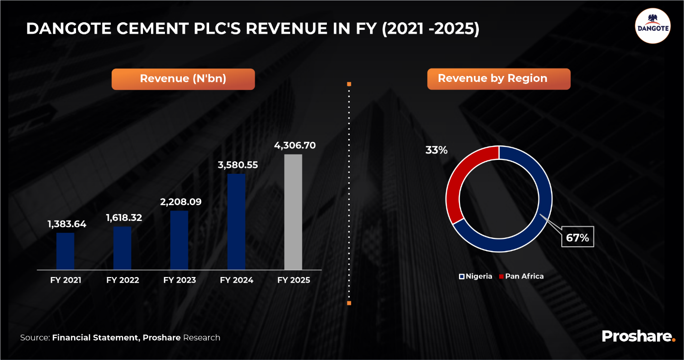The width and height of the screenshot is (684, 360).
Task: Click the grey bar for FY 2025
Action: pyautogui.click(x=293, y=212)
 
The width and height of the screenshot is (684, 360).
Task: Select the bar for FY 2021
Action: pyautogui.click(x=66, y=251)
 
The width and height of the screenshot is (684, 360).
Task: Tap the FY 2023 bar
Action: pyautogui.click(x=179, y=240)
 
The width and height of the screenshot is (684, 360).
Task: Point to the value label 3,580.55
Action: pyautogui.click(x=238, y=165)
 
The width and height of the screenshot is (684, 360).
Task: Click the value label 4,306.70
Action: pyautogui.click(x=295, y=145)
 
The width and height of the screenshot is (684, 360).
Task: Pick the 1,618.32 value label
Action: pyautogui.click(x=124, y=217)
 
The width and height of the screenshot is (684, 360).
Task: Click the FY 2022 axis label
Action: pyautogui.click(x=123, y=280)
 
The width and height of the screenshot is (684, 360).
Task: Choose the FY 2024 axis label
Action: pyautogui.click(x=236, y=280)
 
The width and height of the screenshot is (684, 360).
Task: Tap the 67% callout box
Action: pyautogui.click(x=577, y=237)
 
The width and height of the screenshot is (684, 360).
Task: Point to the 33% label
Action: pyautogui.click(x=436, y=150)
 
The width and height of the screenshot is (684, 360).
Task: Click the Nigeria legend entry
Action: pyautogui.click(x=475, y=277)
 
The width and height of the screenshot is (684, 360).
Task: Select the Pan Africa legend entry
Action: pyautogui.click(x=521, y=277)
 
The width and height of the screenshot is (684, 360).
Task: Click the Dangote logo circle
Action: pyautogui.click(x=653, y=26)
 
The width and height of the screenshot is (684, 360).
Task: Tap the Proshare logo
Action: pyautogui.click(x=638, y=336)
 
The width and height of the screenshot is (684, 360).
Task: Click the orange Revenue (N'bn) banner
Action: pyautogui.click(x=183, y=79)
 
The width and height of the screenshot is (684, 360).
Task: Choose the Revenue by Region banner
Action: pyautogui.click(x=499, y=79)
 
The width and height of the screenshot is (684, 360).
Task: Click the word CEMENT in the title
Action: pyautogui.click(x=152, y=29)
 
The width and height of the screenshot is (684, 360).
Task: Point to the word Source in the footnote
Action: pyautogui.click(x=35, y=337)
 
